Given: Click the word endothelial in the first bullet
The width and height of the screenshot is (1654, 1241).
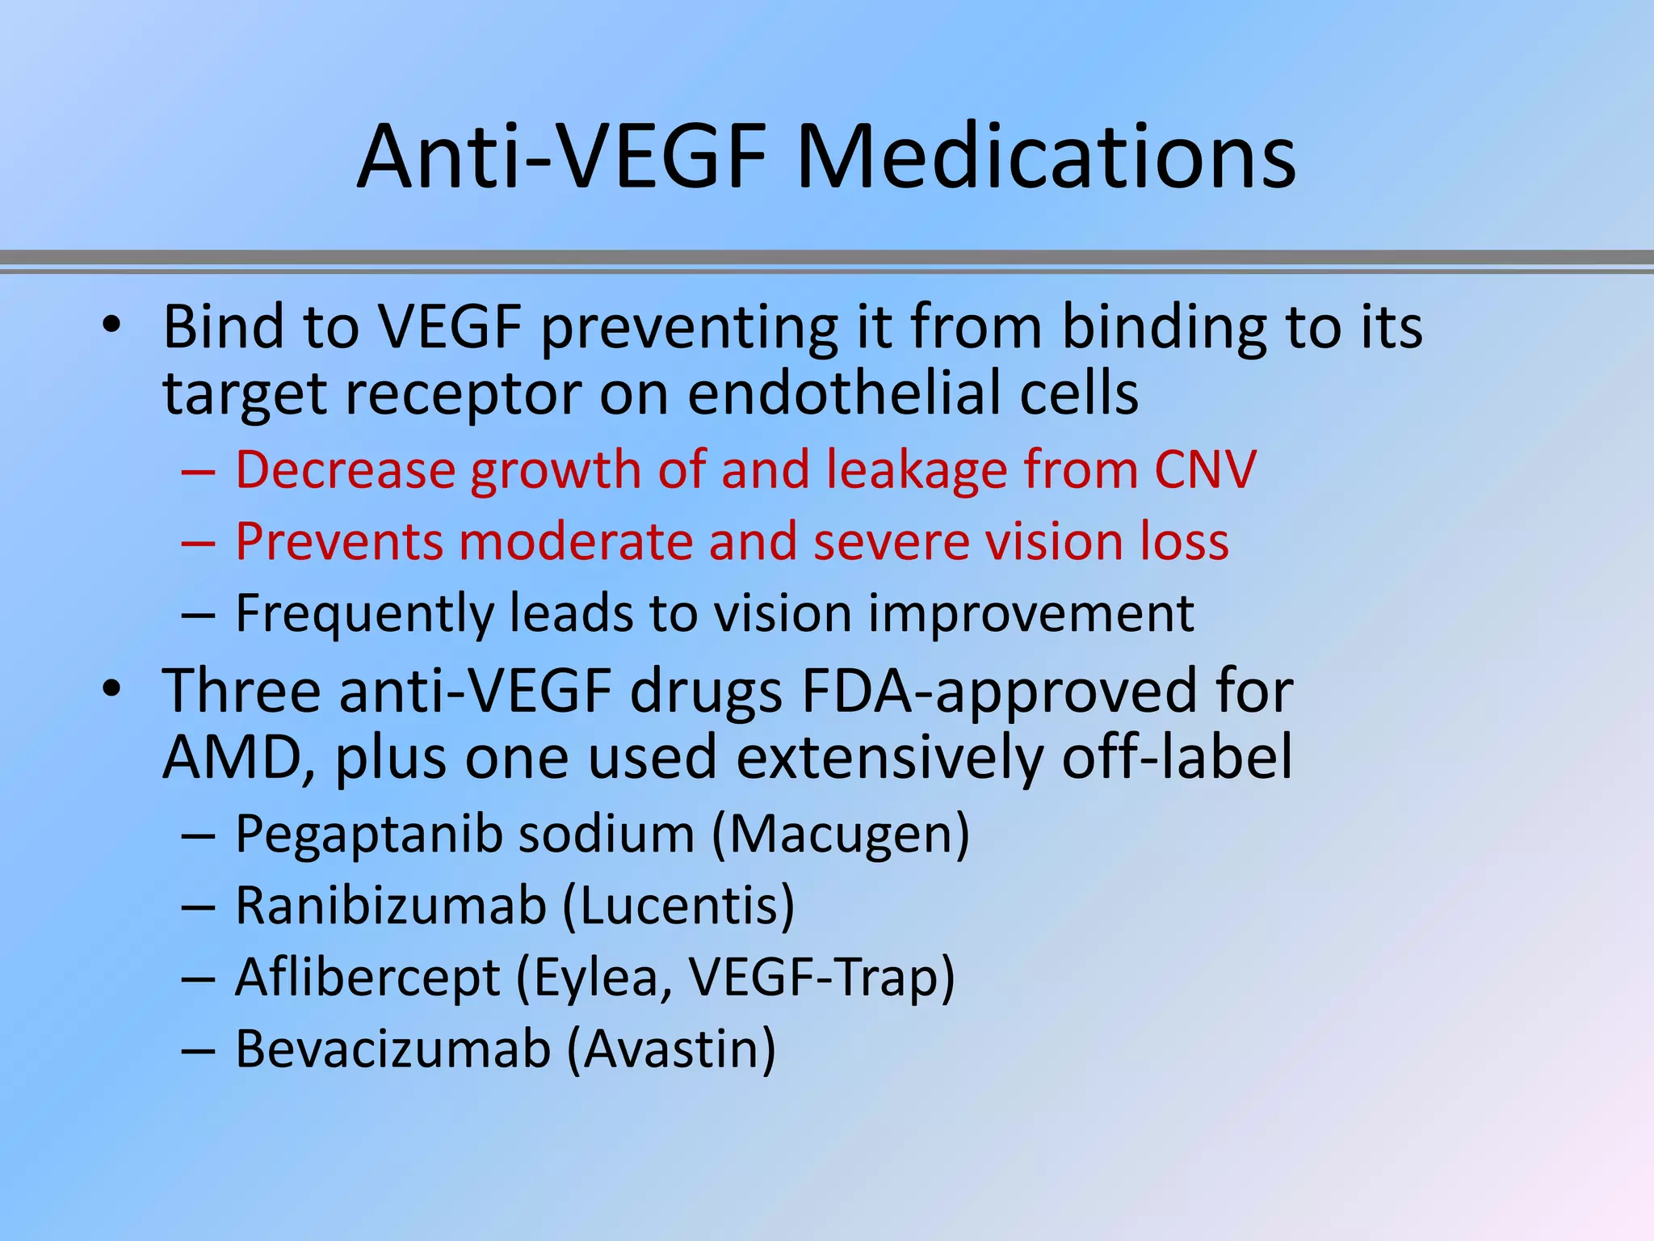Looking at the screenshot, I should coord(843,393).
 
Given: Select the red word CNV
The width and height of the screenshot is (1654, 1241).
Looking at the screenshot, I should coord(1205,469).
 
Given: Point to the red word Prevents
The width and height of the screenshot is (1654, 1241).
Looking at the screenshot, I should coord(339,541).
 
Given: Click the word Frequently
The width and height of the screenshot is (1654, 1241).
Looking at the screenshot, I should coord(363,614).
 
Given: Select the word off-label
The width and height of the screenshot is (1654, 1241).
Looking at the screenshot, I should coord(1177,757).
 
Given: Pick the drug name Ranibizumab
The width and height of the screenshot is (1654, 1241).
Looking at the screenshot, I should coord(391,906).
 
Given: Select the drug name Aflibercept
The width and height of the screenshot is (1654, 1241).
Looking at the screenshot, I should coord(368,978).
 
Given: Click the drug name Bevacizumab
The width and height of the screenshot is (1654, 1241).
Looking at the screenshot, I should coord(393,1050).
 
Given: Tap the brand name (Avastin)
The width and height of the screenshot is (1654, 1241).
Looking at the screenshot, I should coord(671,1050).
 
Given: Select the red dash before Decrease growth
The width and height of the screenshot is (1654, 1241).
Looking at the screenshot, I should coord(198,470).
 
